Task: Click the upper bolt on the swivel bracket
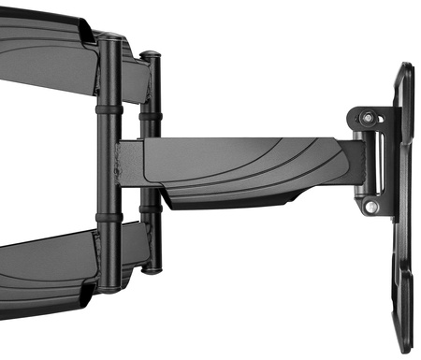point(367,118)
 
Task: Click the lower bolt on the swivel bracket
point(371,206)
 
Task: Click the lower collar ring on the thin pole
point(148,221)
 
